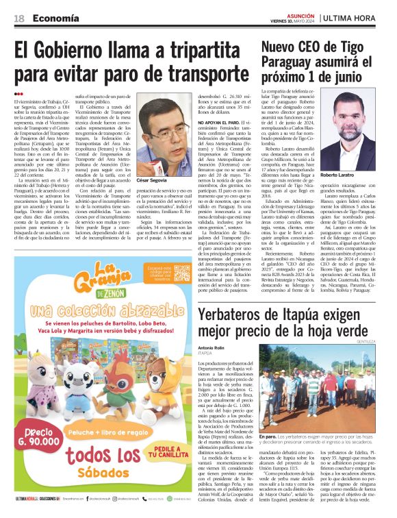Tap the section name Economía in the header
(x=55, y=18)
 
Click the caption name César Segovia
(x=151, y=180)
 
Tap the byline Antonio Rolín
(x=212, y=347)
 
